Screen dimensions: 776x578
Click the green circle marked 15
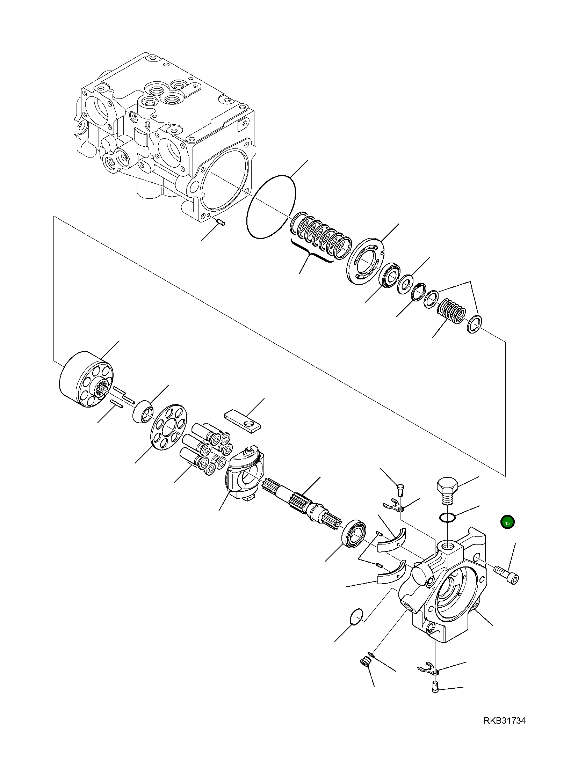point(507,522)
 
